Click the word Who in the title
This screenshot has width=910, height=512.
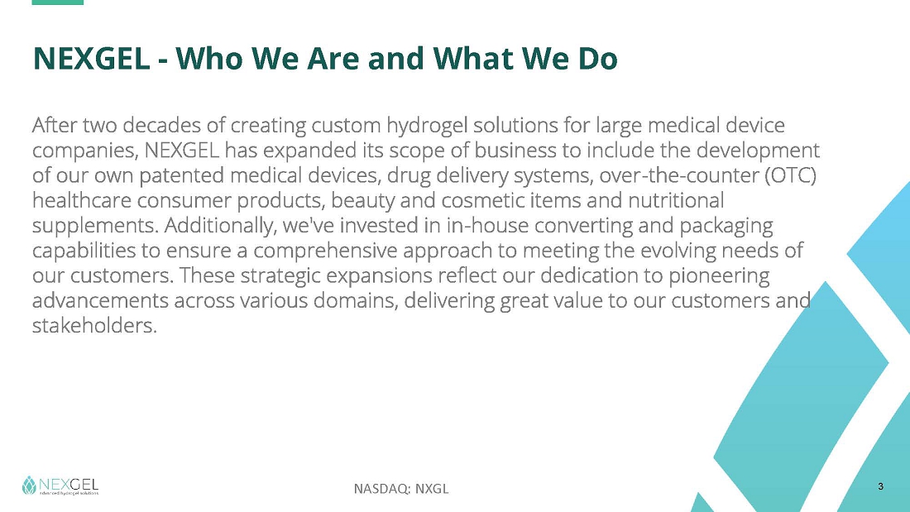[x=209, y=58]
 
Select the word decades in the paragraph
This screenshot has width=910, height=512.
[x=153, y=125]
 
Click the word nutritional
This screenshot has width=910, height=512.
[x=676, y=200]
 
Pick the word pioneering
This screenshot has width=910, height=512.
[x=719, y=275]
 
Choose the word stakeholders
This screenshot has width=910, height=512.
[x=94, y=326]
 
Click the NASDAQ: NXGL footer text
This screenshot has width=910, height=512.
[x=401, y=489]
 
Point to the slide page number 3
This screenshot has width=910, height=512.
[x=880, y=486]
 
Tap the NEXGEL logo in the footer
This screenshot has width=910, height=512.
[x=60, y=486]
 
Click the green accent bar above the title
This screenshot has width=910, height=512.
[x=57, y=2]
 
